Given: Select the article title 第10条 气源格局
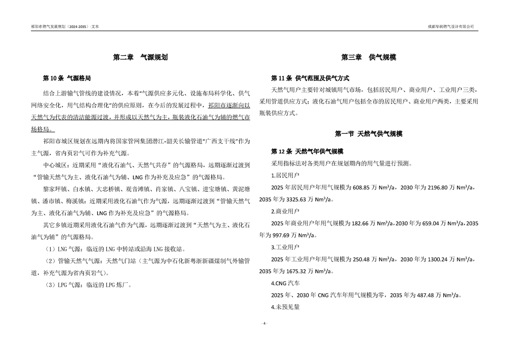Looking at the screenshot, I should pyautogui.click(x=69, y=78).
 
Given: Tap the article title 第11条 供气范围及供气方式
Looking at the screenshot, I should pyautogui.click(x=310, y=78).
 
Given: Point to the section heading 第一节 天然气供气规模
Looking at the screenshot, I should pyautogui.click(x=368, y=134).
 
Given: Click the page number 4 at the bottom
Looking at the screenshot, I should pyautogui.click(x=264, y=323).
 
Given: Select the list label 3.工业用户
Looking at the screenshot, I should pyautogui.click(x=285, y=247).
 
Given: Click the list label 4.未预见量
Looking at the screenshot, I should pyautogui.click(x=285, y=307).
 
